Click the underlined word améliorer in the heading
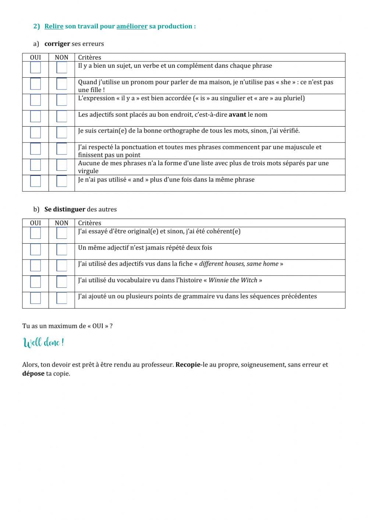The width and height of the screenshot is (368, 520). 132,26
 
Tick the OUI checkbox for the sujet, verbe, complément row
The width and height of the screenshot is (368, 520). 35,68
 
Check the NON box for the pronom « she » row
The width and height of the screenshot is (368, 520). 61,84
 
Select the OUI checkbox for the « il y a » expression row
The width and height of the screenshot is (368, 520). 35,100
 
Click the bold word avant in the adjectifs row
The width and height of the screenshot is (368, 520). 237,115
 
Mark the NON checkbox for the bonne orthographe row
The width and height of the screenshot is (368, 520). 61,132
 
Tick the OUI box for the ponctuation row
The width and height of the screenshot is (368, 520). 35,149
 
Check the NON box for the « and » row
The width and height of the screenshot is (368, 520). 61,181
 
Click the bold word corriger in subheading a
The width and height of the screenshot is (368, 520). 57,44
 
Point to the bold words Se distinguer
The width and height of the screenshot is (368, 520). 65,209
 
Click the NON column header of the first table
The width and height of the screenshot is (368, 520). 61,57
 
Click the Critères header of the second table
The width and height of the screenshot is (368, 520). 89,223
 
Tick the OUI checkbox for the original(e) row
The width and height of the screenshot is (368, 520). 35,233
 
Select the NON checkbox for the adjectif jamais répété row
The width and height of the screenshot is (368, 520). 61,250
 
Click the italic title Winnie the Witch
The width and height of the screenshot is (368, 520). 233,280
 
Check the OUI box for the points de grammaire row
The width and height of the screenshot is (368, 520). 35,298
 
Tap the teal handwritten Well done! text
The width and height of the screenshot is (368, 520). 44,343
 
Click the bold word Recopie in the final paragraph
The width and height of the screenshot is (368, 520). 188,365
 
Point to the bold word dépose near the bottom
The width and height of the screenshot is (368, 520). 33,374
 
